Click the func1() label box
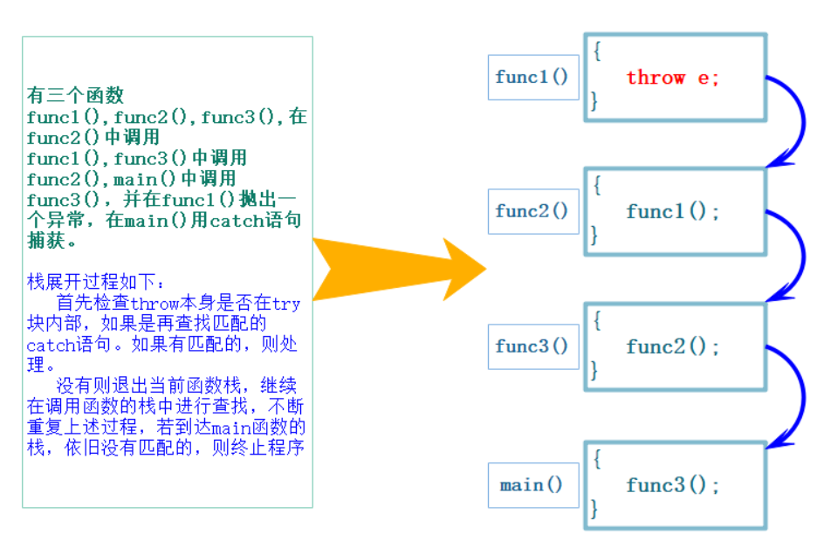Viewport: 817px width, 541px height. (532, 77)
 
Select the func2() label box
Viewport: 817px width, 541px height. (532, 211)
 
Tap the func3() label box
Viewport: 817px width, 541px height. (532, 346)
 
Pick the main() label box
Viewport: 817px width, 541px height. (532, 485)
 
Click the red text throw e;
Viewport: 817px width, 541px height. (672, 78)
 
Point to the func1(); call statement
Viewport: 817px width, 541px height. (673, 212)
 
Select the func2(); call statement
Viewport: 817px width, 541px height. (673, 346)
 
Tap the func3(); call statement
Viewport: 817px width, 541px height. (673, 486)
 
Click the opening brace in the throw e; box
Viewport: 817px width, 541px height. (597, 51)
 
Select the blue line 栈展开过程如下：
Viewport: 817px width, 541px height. (95, 283)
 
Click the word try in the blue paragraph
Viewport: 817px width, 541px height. (286, 304)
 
